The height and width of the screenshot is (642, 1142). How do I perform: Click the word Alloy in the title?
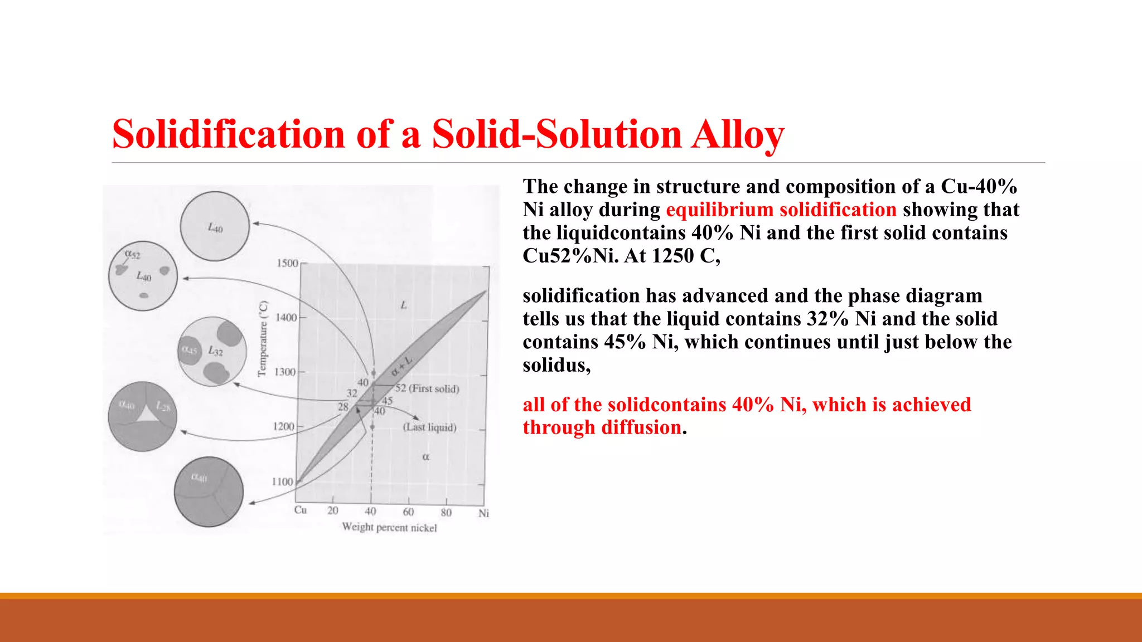click(737, 134)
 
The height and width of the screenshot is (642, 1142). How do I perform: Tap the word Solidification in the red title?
click(229, 134)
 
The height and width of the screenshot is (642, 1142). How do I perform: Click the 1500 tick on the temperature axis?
click(288, 263)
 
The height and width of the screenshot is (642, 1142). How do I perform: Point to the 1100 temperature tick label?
click(283, 481)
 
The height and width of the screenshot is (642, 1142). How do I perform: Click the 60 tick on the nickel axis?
click(408, 512)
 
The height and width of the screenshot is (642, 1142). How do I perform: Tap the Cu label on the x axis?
click(301, 510)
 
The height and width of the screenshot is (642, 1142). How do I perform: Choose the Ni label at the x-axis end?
click(483, 513)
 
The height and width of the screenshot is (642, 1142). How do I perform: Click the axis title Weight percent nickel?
click(389, 527)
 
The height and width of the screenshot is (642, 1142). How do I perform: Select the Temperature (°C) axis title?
click(263, 339)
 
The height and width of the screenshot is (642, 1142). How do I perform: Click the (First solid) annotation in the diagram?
click(434, 388)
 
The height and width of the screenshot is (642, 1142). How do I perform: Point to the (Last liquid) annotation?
click(429, 427)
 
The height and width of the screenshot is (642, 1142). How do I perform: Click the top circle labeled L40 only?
click(215, 226)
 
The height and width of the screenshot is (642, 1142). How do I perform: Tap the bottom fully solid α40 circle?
click(209, 492)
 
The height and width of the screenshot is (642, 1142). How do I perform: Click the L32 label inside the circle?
click(215, 351)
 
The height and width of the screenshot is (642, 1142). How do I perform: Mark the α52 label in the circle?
click(133, 254)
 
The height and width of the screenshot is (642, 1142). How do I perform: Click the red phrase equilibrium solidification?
click(781, 210)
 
